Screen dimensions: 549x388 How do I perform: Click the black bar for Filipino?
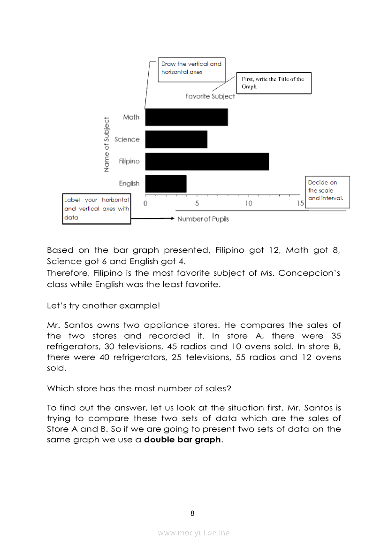[207, 162]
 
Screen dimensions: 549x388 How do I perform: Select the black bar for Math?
[186, 117]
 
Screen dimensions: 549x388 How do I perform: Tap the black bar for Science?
[176, 139]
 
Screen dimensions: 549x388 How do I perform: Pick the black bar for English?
[166, 184]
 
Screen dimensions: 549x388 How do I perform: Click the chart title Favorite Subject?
[210, 96]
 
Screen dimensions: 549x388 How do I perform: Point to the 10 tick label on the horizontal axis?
[249, 203]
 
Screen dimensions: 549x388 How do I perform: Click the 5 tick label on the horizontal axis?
[197, 203]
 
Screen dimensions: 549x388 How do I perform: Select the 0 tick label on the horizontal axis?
[145, 203]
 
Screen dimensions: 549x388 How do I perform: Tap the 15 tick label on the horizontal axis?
[300, 203]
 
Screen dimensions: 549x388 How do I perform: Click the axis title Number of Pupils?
[203, 219]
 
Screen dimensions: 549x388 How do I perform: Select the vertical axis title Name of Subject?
[107, 144]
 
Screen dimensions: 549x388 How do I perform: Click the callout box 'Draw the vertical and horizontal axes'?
[191, 68]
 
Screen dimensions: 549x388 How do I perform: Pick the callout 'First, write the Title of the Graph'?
[273, 83]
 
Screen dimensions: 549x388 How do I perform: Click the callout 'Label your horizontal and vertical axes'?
[97, 209]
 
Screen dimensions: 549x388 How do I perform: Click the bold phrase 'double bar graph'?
[182, 440]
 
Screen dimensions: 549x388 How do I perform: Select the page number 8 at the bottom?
[192, 513]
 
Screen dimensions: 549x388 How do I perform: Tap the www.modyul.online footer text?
[194, 533]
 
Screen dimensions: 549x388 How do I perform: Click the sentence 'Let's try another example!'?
[103, 305]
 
